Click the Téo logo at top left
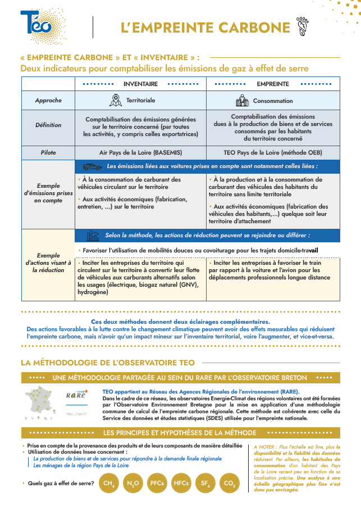pos(35,23)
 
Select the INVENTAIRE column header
pos(140,84)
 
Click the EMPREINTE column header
pos(273,84)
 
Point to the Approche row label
pos(48,101)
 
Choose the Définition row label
pos(48,125)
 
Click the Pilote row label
pos(48,152)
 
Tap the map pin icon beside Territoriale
pos(116,101)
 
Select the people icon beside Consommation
pos(241,101)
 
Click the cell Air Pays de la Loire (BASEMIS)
pos(140,152)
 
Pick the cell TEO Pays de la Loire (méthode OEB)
pos(273,152)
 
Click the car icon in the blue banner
pos(92,166)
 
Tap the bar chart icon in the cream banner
pos(93,235)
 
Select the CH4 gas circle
pos(107,483)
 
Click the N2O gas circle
pos(132,483)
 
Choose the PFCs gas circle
pos(157,483)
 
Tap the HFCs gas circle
pos(181,483)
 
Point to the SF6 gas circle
pos(205,483)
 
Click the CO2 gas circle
pos(229,483)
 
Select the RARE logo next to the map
pos(76,395)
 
